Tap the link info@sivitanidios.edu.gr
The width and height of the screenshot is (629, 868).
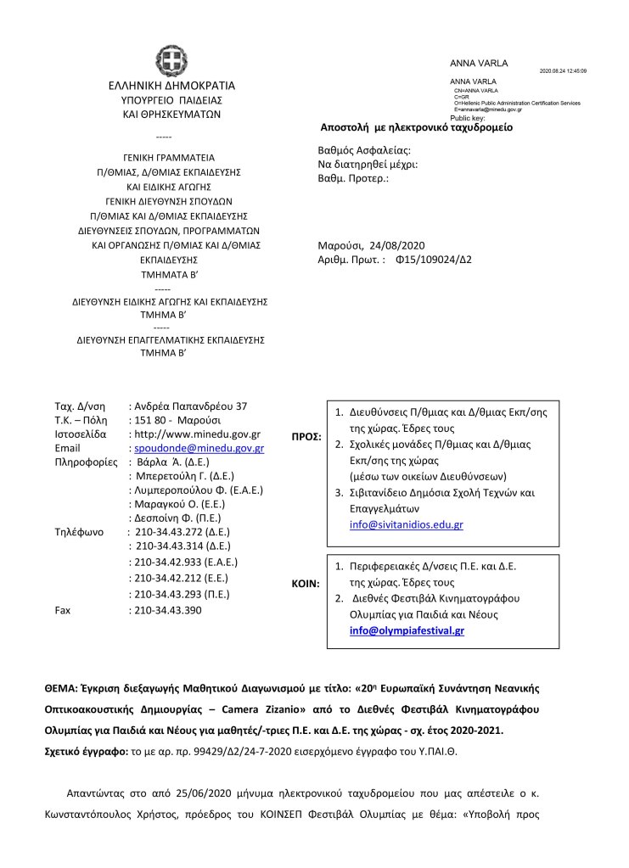coord(406,525)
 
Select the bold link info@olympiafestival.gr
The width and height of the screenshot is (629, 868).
coord(407,630)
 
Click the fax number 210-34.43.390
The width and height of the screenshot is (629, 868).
coord(168,610)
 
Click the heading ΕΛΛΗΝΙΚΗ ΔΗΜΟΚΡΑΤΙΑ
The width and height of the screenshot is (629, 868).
coord(171,85)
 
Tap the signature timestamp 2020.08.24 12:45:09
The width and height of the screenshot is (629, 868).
coord(563,71)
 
